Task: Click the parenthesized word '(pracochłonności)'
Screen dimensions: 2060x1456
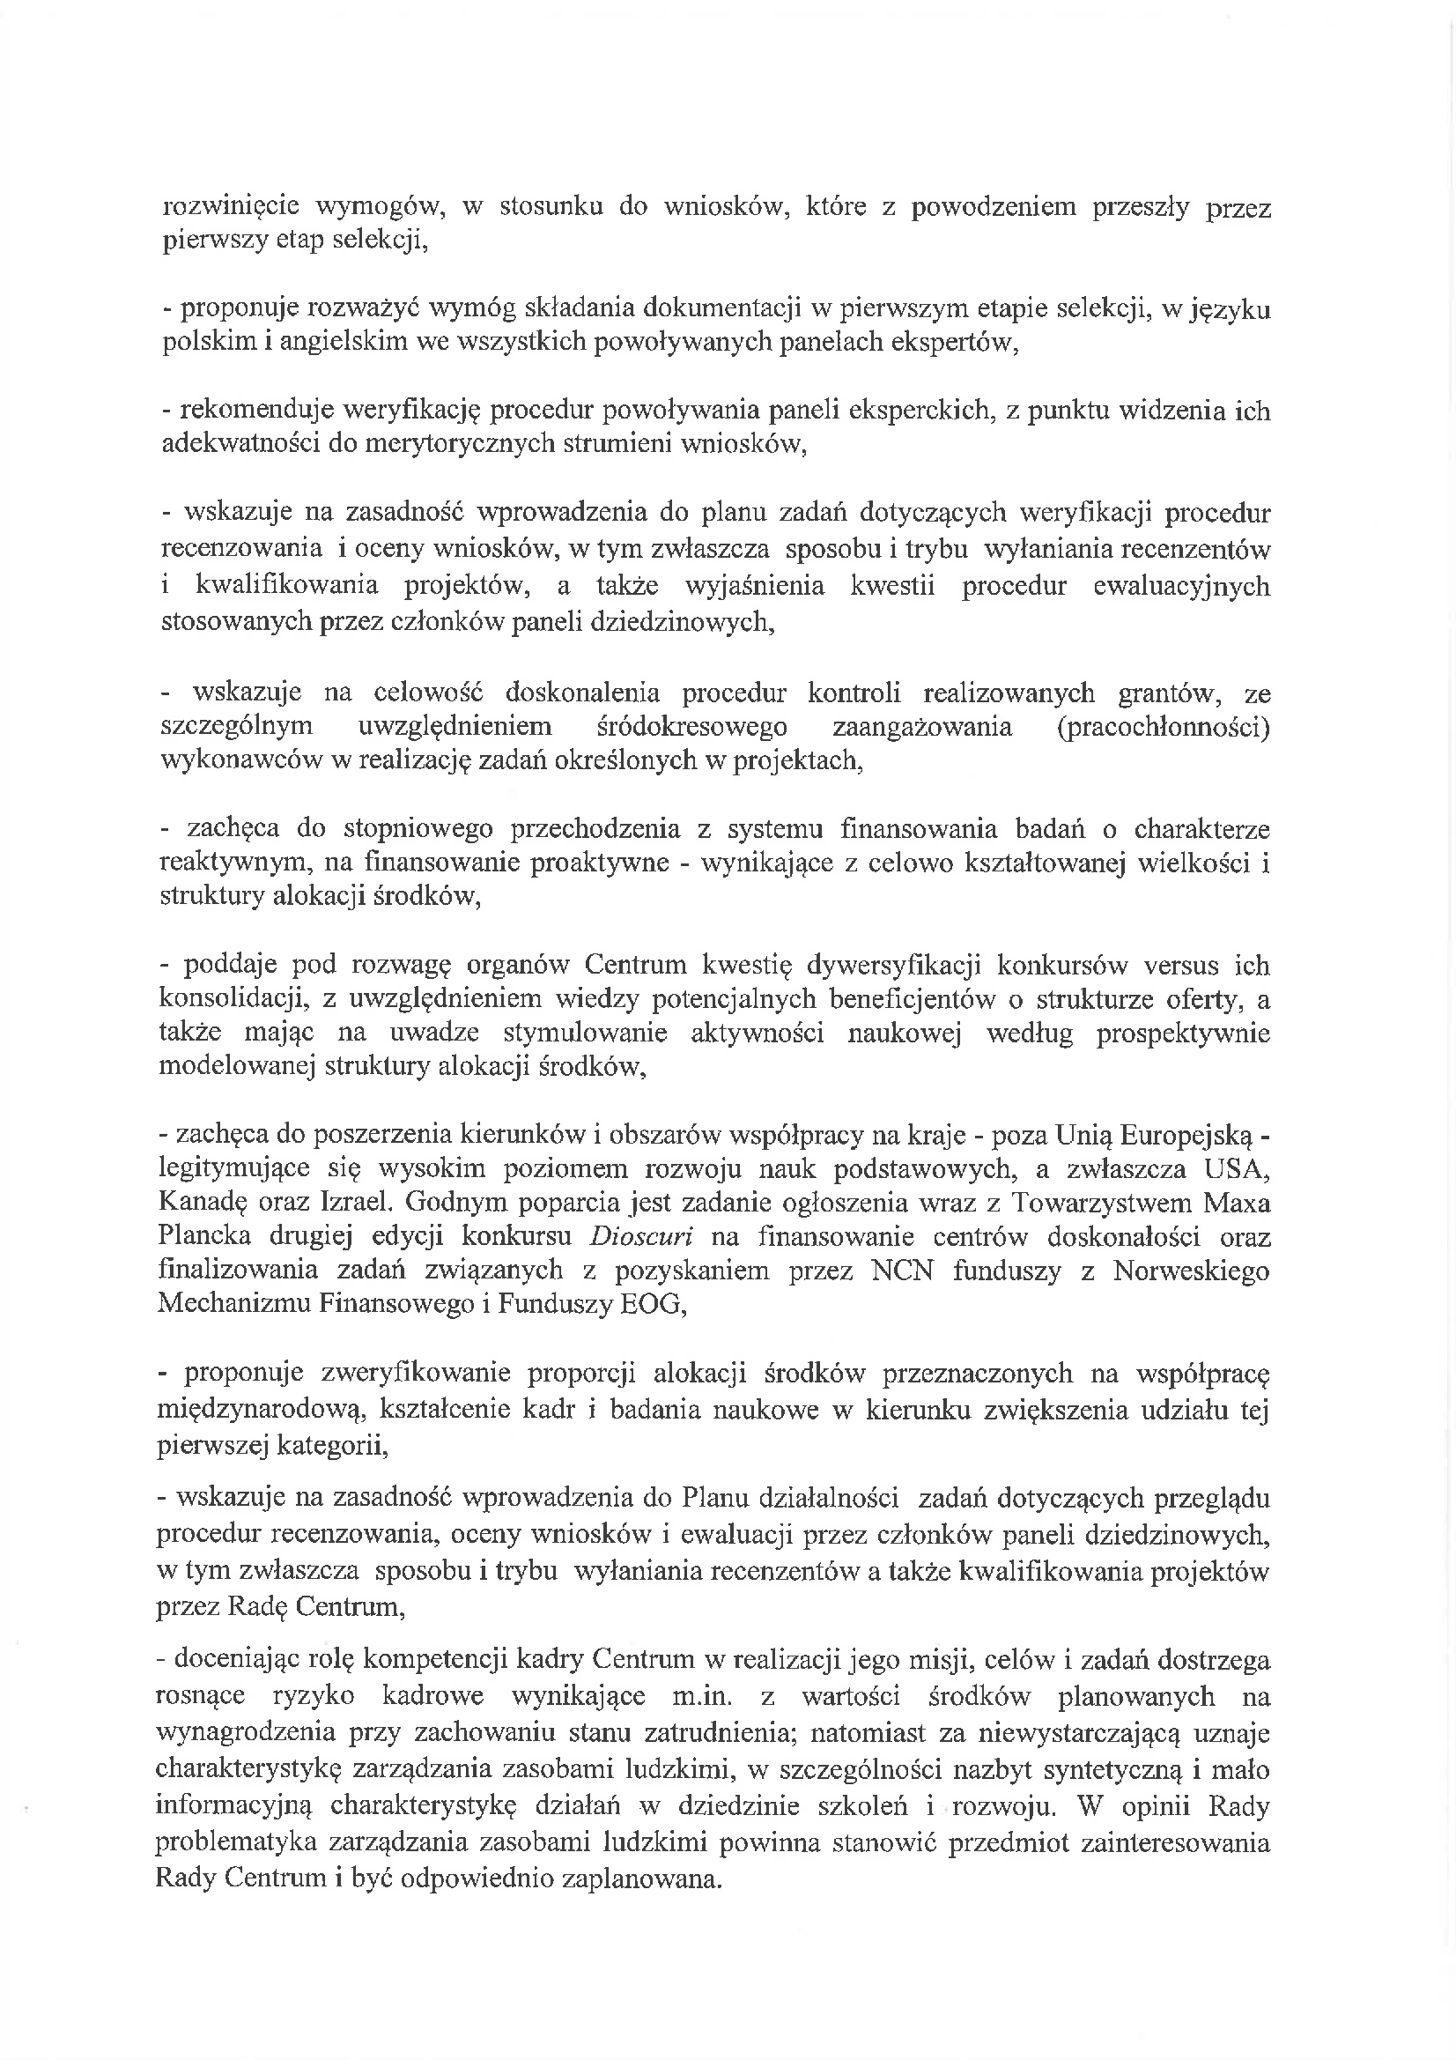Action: [x=1164, y=727]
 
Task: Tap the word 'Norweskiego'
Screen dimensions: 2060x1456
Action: [x=1192, y=1271]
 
